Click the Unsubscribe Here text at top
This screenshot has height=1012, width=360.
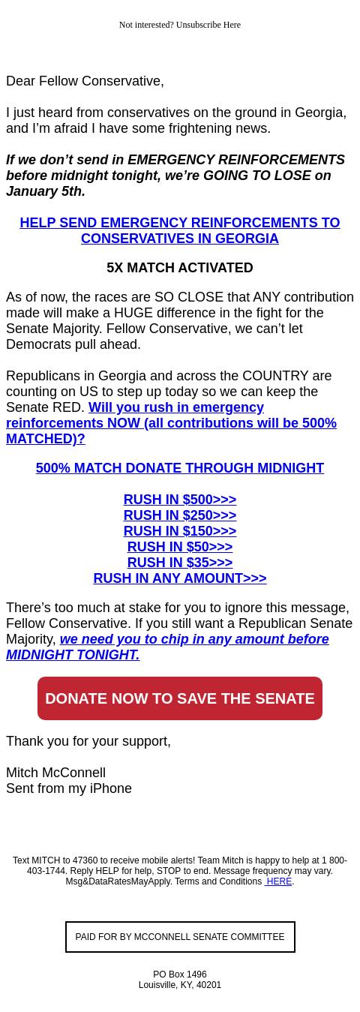(x=208, y=25)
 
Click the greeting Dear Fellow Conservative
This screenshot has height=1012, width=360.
(x=85, y=81)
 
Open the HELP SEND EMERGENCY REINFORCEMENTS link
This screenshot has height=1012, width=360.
(x=180, y=230)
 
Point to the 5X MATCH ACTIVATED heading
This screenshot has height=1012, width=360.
(x=180, y=268)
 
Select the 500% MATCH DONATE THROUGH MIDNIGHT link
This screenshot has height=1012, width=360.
(x=180, y=468)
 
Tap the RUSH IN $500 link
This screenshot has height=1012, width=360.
(x=180, y=500)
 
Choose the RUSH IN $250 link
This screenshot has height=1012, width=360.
(x=180, y=515)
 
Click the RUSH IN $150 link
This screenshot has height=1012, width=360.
(x=180, y=531)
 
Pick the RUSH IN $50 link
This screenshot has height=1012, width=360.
(x=180, y=547)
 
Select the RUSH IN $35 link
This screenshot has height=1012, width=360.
(x=180, y=563)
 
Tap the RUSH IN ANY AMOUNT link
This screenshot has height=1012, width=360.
(x=180, y=578)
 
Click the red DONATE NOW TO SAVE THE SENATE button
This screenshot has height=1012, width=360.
(x=180, y=698)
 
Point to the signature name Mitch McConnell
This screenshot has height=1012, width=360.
(x=55, y=773)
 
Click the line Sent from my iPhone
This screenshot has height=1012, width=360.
(x=69, y=788)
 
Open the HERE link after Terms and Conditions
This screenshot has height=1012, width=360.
(x=278, y=881)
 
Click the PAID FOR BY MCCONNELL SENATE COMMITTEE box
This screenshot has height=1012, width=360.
(x=180, y=937)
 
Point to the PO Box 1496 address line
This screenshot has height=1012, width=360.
(x=180, y=974)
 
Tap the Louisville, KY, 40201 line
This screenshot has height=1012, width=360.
(x=180, y=985)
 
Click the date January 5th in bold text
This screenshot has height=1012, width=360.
(x=45, y=191)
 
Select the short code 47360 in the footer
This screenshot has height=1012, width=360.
(x=85, y=860)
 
